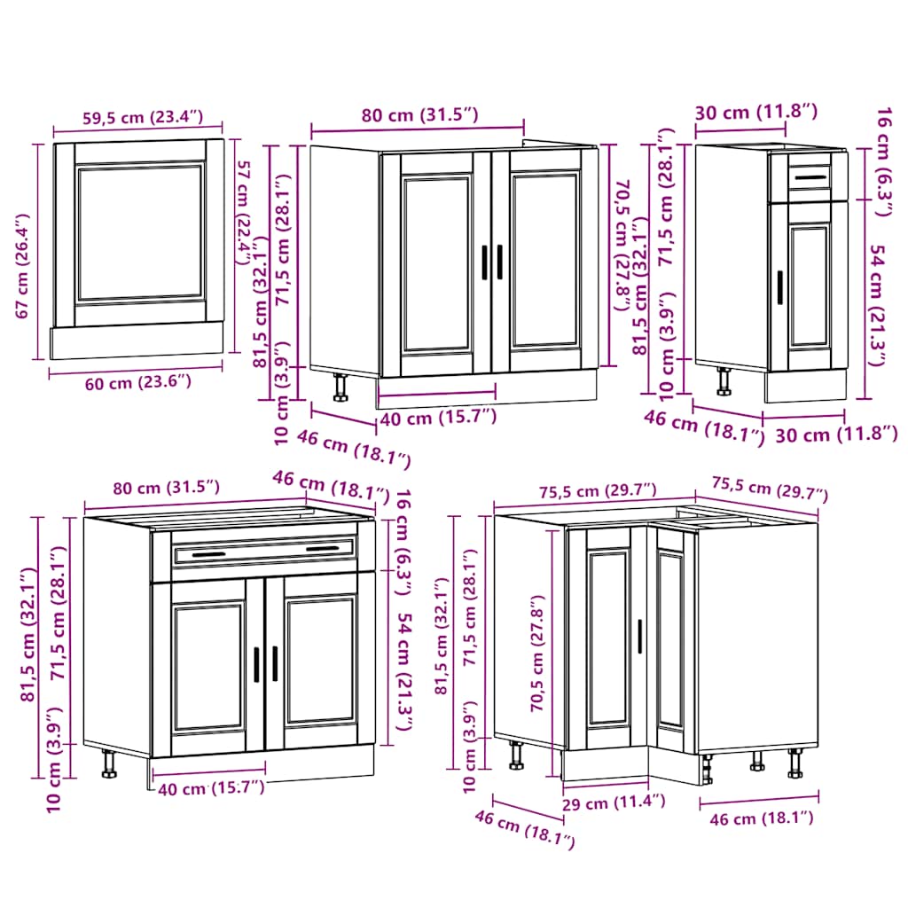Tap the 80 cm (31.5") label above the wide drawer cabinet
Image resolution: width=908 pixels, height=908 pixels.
(166, 487)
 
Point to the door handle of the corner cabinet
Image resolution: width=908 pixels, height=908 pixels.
(638, 637)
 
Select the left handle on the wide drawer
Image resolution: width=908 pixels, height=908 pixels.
(208, 555)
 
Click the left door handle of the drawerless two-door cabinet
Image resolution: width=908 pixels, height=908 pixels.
(484, 263)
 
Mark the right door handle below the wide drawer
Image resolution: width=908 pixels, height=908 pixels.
(275, 663)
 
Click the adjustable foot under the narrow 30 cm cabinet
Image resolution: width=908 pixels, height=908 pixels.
(724, 380)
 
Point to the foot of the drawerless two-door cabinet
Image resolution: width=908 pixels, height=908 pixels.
(340, 388)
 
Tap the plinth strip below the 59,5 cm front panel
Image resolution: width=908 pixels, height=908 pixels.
(137, 340)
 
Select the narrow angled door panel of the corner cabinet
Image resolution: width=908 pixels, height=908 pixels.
(670, 640)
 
